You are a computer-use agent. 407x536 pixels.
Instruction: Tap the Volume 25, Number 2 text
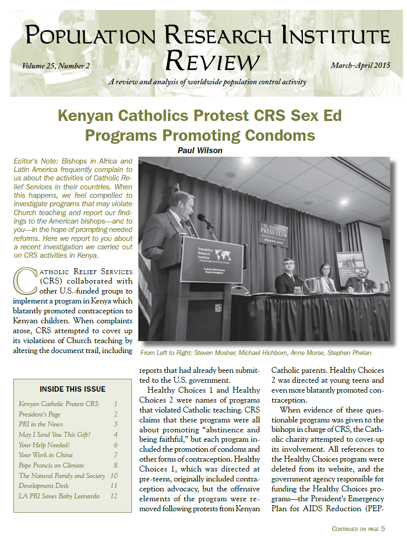(56, 65)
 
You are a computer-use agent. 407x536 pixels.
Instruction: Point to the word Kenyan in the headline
(86, 117)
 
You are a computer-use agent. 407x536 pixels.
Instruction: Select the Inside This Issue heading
(72, 389)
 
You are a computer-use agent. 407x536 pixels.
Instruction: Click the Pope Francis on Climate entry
(51, 465)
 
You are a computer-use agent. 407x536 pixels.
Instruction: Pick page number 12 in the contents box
(114, 496)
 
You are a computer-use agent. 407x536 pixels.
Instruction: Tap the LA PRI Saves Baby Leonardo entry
(59, 496)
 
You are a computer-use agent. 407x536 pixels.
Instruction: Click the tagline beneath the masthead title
(207, 82)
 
